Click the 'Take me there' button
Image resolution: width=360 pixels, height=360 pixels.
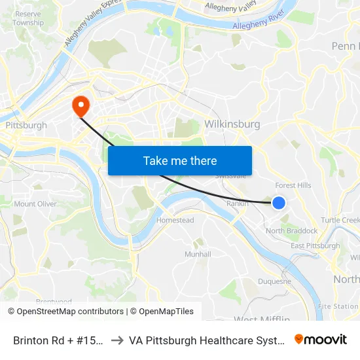[180, 160]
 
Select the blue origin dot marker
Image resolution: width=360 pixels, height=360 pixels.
[278, 203]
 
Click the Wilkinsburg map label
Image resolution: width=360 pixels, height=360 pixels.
[232, 124]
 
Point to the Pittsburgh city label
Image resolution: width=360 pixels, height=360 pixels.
[26, 125]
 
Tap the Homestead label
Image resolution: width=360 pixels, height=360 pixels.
[175, 221]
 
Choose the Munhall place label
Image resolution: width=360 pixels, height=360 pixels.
[198, 254]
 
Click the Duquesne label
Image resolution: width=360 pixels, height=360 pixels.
[275, 281]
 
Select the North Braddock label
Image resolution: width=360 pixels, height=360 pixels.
[292, 231]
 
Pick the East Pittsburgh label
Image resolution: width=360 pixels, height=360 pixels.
[315, 246]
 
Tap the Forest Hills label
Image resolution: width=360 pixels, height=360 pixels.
[293, 185]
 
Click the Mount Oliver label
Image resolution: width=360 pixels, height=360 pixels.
[35, 204]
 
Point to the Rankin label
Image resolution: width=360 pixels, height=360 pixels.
[236, 204]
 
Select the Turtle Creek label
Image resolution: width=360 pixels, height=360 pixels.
[340, 219]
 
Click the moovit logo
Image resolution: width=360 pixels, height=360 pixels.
[320, 340]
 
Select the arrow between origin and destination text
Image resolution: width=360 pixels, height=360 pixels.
[118, 340]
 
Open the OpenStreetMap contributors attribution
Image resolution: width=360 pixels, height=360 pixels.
[65, 312]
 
